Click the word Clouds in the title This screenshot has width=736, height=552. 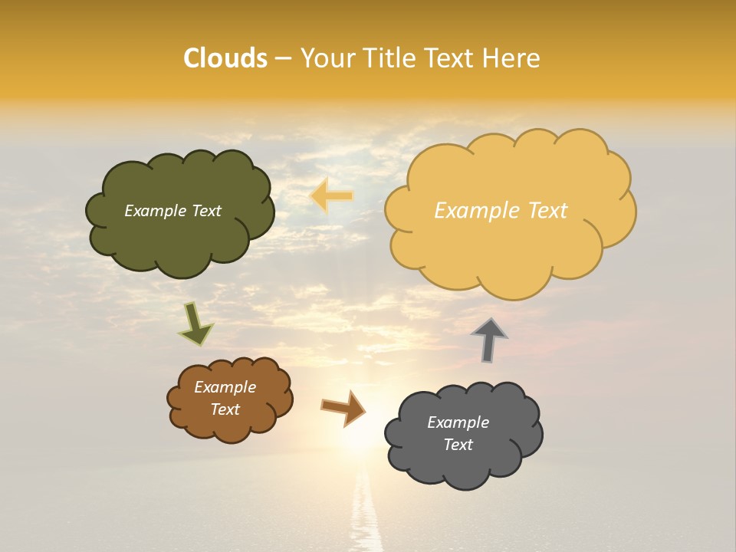click(x=225, y=58)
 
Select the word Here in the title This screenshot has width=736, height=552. click(x=511, y=58)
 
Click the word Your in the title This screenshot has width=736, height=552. click(x=329, y=58)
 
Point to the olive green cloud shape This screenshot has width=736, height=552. click(x=180, y=238)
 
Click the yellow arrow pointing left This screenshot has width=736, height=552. click(x=331, y=196)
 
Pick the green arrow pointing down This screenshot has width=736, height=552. click(x=195, y=324)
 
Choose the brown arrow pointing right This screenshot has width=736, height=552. click(x=343, y=408)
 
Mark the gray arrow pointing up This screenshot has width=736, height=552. click(x=488, y=339)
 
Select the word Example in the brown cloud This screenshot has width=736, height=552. click(x=225, y=387)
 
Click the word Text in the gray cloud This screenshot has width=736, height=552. click(x=458, y=445)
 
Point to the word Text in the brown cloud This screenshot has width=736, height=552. click(x=225, y=409)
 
